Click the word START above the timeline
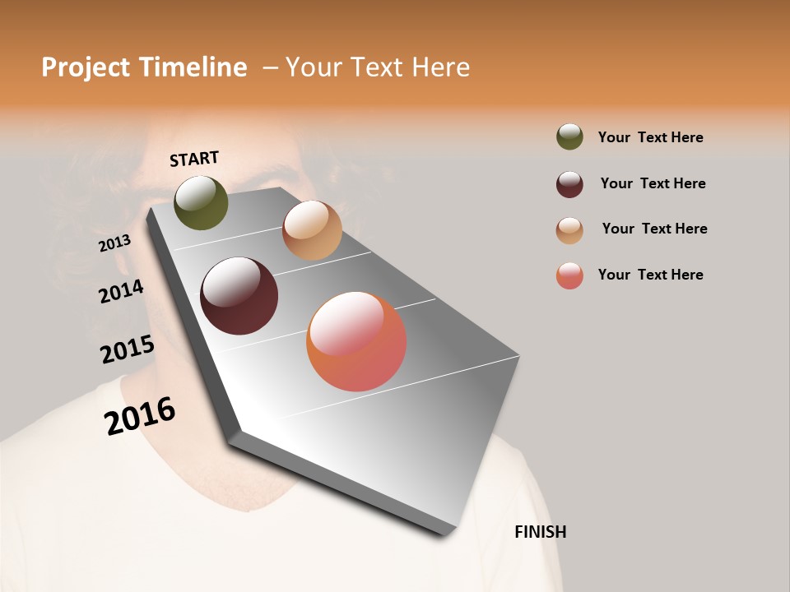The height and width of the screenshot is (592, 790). coord(194,159)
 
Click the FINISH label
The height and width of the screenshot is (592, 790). coord(540,532)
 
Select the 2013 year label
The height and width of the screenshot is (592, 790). coord(114,243)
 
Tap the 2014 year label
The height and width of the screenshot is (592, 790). coord(121,291)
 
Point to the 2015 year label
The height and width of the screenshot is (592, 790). coord(127,349)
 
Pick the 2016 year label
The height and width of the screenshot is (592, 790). coord(140,415)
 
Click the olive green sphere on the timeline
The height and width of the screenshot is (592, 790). coord(201,203)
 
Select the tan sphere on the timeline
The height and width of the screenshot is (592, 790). coord(312,230)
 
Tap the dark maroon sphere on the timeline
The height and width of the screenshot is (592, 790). coord(239,296)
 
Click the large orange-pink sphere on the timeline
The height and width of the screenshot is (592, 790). coord(356,341)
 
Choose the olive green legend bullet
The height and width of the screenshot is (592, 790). coord(569,136)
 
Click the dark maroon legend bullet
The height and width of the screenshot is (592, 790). coord(569,184)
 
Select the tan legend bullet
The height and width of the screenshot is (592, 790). coord(569,230)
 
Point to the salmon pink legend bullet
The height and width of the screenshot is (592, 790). coord(569,275)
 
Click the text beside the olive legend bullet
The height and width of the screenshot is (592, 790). coord(650,137)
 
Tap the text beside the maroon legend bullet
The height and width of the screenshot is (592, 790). coord(653,183)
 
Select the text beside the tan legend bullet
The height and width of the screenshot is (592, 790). coord(654,229)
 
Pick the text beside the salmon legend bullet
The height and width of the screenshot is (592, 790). coord(650,275)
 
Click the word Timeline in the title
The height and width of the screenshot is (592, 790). coord(193,67)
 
